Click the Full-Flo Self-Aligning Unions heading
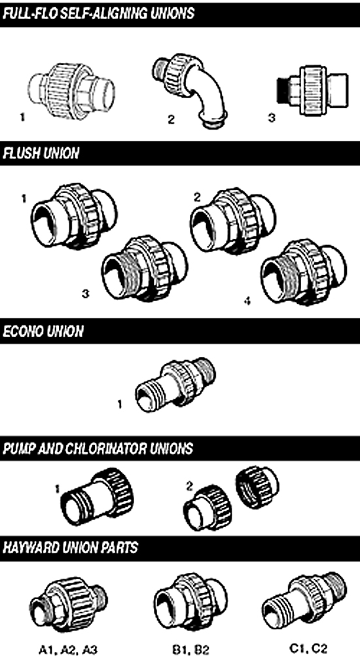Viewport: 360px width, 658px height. [98, 14]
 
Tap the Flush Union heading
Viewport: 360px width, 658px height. [41, 153]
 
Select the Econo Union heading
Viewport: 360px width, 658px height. [43, 331]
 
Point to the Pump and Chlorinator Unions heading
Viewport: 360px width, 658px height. [98, 448]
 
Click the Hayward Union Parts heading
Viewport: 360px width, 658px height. [70, 547]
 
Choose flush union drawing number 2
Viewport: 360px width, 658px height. [233, 220]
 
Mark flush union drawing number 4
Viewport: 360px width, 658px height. [304, 272]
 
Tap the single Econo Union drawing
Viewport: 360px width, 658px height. [175, 384]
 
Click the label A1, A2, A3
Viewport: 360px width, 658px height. [68, 650]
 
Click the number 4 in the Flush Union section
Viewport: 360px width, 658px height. [247, 301]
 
